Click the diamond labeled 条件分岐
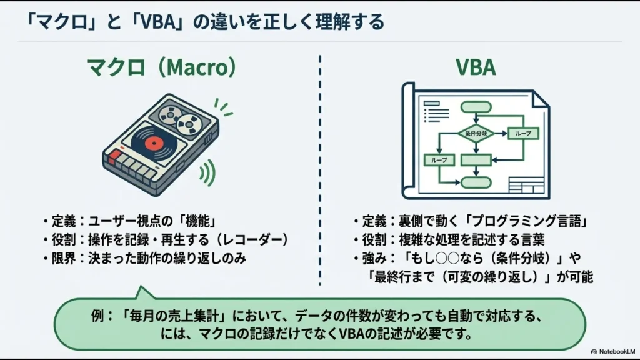pyautogui.click(x=476, y=134)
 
